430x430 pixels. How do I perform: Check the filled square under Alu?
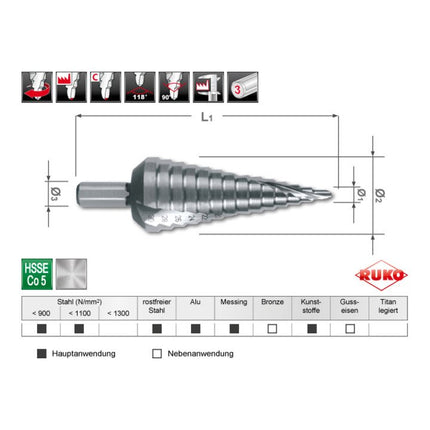195,328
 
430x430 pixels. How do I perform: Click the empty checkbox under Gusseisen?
349,328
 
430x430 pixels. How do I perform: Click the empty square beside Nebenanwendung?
157,354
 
